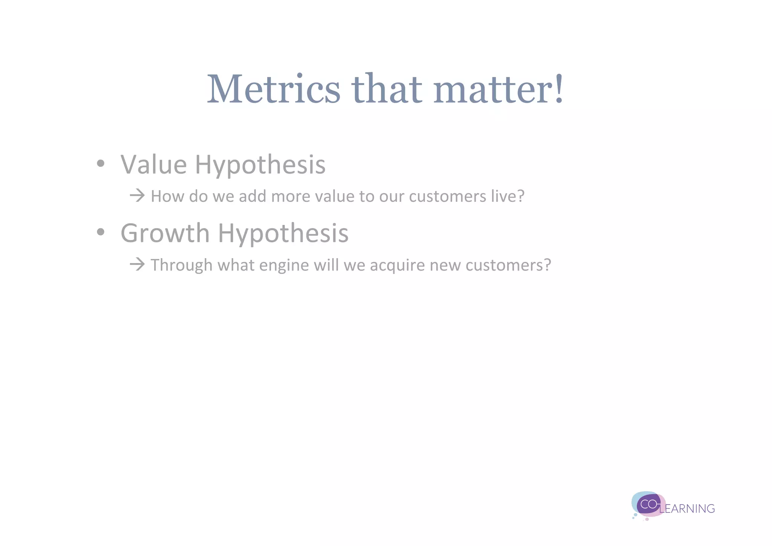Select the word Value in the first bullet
[x=153, y=165]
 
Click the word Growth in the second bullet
[x=165, y=233]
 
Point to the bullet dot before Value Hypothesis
[x=100, y=164]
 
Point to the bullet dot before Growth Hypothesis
[x=100, y=232]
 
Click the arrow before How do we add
[x=137, y=195]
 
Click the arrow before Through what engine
[x=137, y=264]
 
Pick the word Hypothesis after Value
[x=260, y=165]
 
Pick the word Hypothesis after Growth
[x=283, y=233]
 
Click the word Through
[x=182, y=265]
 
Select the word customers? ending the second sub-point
[x=508, y=265]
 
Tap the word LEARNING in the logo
[x=687, y=509]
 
